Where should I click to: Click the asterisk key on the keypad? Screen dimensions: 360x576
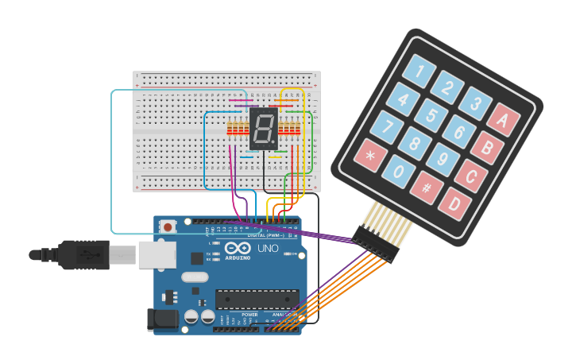369,155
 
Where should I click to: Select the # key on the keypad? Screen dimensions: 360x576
426,187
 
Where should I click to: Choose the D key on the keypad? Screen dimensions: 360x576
454,203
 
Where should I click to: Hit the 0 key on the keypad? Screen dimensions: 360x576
397,171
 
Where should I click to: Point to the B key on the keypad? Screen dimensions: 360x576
488,147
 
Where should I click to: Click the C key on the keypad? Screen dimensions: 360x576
471,176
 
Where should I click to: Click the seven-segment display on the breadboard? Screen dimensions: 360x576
264,129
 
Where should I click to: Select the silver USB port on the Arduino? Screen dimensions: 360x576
157,254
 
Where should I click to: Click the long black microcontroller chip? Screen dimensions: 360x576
257,299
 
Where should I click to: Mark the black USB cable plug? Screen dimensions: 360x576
83,255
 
